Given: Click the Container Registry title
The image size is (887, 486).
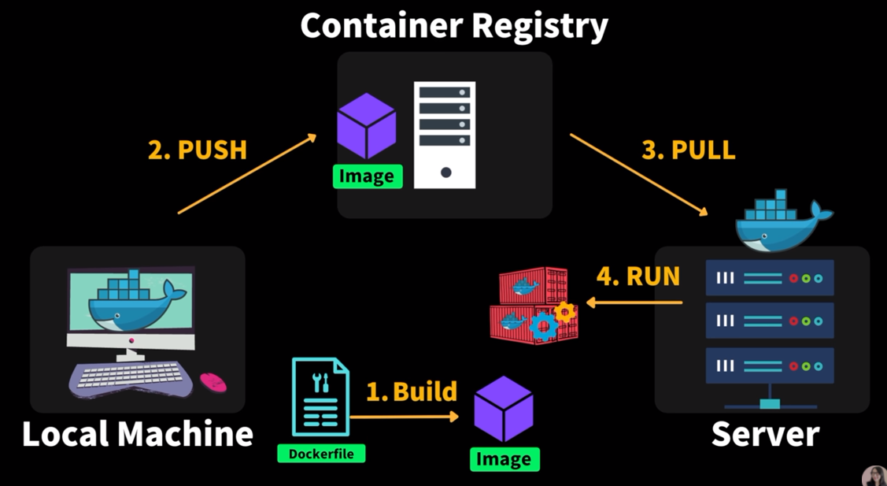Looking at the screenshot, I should click(x=454, y=25).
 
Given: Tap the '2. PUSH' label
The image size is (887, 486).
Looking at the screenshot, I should click(x=198, y=150).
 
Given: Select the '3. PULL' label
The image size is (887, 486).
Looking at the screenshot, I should click(x=689, y=150).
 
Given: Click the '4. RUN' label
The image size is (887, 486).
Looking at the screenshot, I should click(x=638, y=277).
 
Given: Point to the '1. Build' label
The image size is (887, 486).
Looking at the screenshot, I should click(x=412, y=391).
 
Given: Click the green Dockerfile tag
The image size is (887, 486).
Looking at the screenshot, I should click(x=321, y=454).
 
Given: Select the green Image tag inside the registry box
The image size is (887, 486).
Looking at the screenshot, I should click(x=367, y=176).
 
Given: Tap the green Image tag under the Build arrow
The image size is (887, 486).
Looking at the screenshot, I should click(x=504, y=459).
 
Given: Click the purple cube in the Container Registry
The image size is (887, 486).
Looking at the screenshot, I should click(x=366, y=126).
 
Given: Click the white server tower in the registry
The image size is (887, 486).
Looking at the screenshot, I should click(x=445, y=135).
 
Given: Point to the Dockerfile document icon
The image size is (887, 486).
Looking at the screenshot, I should click(x=320, y=397).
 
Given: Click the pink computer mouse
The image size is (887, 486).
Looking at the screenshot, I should click(x=213, y=382).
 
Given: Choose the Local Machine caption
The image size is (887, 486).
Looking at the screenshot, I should click(x=138, y=434).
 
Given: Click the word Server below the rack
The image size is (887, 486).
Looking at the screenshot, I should click(x=765, y=434).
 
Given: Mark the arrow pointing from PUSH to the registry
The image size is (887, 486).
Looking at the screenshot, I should click(x=247, y=174).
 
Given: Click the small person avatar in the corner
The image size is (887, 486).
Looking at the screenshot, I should click(x=874, y=475).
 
